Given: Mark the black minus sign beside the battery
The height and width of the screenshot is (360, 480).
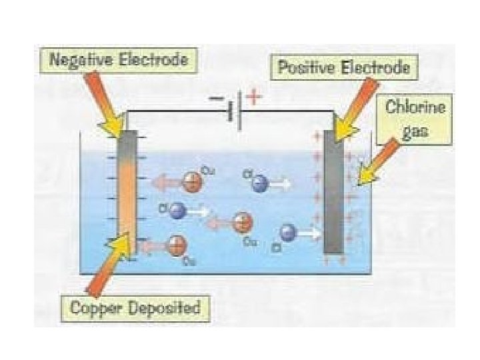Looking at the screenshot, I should tap(218, 98).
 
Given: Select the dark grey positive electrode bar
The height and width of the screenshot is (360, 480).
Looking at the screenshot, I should tap(333, 193).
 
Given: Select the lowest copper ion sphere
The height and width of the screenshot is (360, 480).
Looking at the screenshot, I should tap(177, 245).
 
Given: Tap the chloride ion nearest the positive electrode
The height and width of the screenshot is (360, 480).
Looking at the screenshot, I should tap(288, 233).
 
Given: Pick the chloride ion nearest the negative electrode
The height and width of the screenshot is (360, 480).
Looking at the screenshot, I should tap(177, 211).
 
